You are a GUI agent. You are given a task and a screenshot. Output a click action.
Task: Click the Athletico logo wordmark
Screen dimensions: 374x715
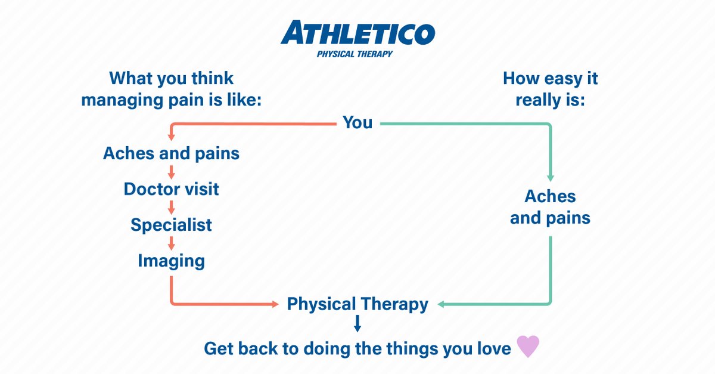(x=357, y=33)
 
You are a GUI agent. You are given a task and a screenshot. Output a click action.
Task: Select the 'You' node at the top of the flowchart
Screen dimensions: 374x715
(x=357, y=123)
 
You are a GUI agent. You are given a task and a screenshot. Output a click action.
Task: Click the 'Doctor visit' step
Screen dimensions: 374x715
(x=172, y=189)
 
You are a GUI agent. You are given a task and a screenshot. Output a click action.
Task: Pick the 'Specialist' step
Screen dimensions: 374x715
(x=172, y=225)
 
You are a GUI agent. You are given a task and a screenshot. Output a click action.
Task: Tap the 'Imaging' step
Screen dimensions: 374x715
(x=172, y=261)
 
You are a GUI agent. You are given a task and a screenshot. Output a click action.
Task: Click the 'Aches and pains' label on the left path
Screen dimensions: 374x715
(x=172, y=153)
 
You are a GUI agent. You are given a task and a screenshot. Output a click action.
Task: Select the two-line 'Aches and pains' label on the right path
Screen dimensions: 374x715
(x=550, y=207)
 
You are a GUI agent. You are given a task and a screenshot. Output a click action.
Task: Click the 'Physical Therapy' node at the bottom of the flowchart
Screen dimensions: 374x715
(x=357, y=304)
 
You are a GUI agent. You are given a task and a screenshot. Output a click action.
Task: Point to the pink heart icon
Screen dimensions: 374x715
(x=527, y=347)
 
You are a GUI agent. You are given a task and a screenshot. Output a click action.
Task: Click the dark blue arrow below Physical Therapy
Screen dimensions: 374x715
(x=357, y=324)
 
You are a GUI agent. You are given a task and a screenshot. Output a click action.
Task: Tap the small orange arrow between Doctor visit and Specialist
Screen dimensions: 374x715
(x=172, y=208)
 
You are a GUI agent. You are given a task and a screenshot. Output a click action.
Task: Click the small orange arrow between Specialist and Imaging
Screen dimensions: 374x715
(x=172, y=243)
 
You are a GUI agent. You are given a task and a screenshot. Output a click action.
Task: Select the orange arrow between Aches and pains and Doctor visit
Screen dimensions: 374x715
(x=172, y=172)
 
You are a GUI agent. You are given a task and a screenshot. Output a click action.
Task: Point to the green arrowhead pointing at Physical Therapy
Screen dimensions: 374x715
(x=442, y=305)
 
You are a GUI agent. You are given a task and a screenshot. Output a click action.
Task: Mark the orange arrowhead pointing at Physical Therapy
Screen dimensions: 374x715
(x=275, y=305)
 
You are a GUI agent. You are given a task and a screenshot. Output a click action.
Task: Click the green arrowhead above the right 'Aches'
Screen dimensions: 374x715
(x=550, y=177)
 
